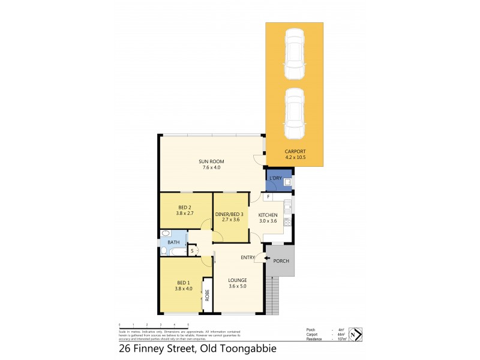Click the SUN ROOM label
pos(212,162)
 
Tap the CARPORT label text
pos(295,151)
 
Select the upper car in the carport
pos(294,55)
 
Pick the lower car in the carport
pos(294,113)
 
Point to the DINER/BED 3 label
pos(231,214)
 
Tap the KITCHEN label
pos(268,214)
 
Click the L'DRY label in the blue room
pos(276,178)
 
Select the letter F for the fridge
pos(267,197)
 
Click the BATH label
pos(173,242)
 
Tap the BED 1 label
pos(183,283)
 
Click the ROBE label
pos(208,295)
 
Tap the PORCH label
pos(281,261)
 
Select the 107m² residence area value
pos(343,339)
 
